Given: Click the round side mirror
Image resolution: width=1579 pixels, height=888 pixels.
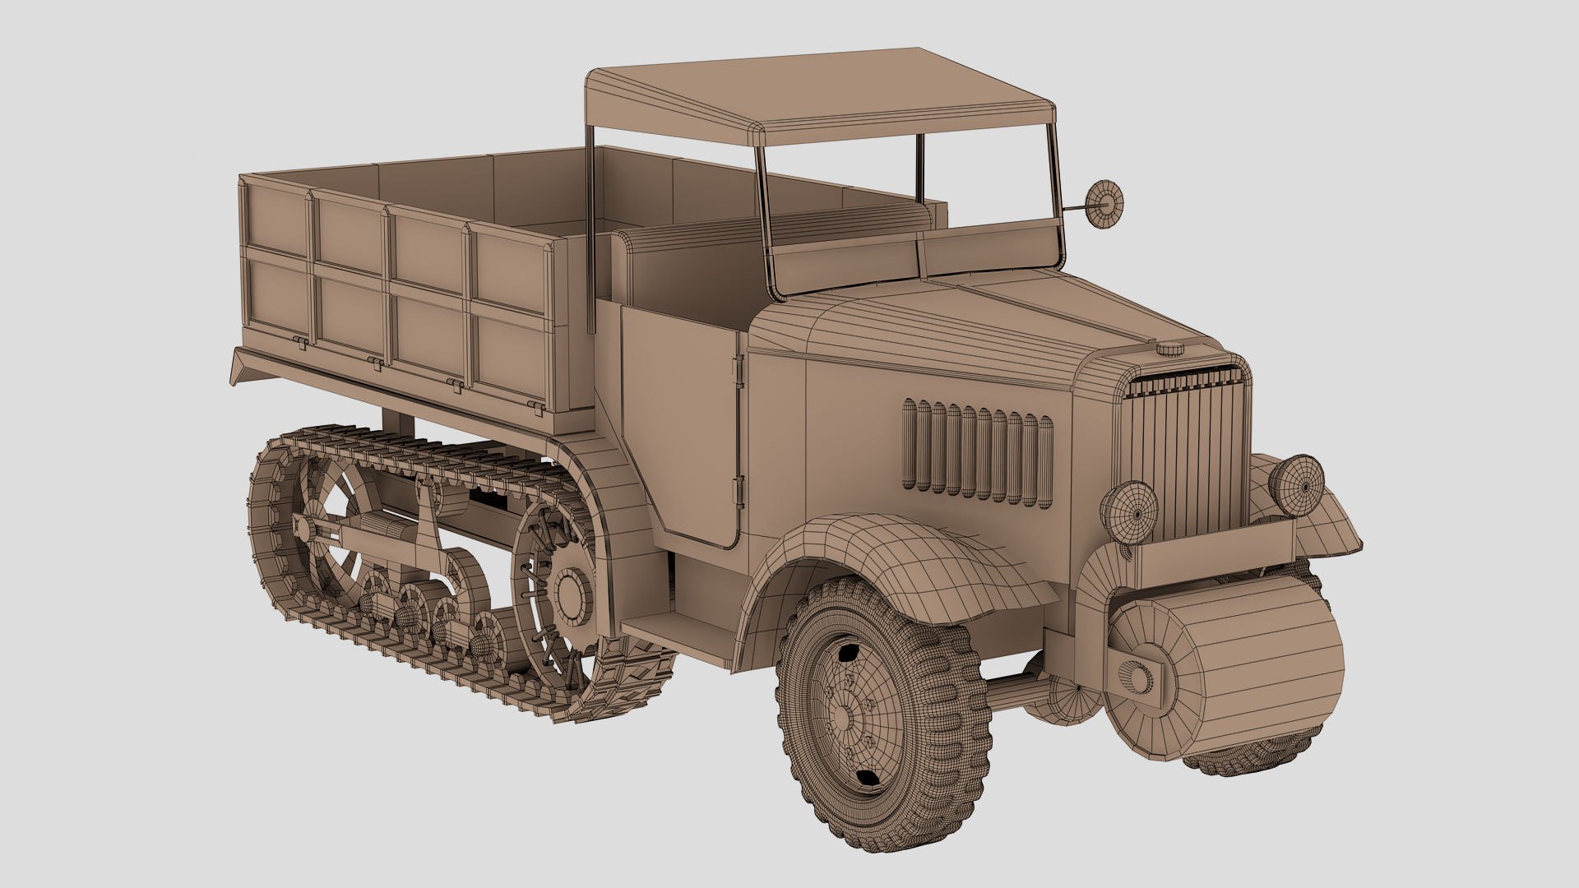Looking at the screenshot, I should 1101,205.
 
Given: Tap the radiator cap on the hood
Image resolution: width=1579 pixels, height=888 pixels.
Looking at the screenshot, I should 1170,349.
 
